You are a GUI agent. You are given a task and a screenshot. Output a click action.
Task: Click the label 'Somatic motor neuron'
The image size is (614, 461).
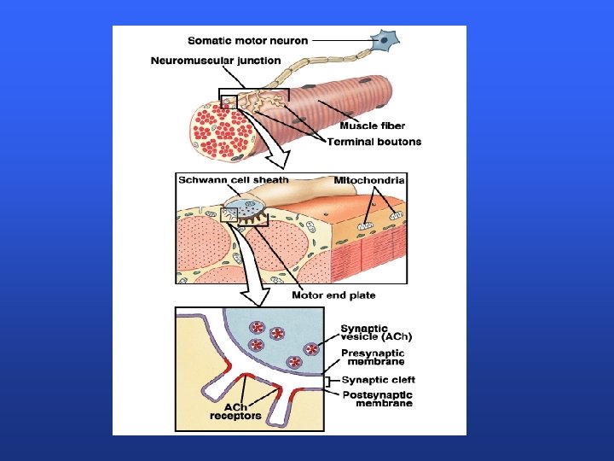pyautogui.click(x=247, y=39)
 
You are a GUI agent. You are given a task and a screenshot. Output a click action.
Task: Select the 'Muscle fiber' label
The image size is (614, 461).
pyautogui.click(x=373, y=126)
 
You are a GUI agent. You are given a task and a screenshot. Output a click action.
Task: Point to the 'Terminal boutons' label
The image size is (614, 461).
pyautogui.click(x=374, y=142)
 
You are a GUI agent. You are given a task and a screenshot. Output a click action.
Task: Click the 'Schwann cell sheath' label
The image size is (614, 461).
pyautogui.click(x=233, y=180)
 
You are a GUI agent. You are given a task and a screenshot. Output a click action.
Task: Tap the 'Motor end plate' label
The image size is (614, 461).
pyautogui.click(x=333, y=295)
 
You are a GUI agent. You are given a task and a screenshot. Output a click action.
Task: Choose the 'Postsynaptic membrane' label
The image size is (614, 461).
pyautogui.click(x=377, y=400)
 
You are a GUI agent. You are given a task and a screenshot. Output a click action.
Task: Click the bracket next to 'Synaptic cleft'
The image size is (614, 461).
pyautogui.click(x=333, y=380)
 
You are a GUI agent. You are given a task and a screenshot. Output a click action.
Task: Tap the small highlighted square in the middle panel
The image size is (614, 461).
pyautogui.click(x=229, y=215)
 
